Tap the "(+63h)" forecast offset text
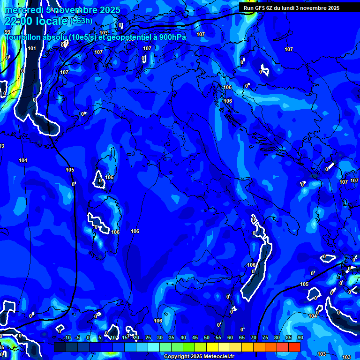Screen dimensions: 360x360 tap(82, 21)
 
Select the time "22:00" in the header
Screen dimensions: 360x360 tap(16, 21)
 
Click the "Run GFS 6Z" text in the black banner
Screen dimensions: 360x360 tap(257, 8)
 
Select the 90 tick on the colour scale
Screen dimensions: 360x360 tap(300, 338)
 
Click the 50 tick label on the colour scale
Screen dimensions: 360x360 tap(207, 338)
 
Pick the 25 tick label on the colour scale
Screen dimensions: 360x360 tap(148, 338)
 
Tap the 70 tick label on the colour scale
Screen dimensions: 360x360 tap(254, 338)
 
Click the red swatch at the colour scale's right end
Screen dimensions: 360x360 tap(294, 347)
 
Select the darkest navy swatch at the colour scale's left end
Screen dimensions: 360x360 tap(60, 347)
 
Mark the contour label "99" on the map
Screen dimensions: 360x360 tap(7, 32)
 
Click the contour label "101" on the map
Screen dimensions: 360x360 tap(31, 48)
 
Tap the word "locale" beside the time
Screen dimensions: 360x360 tap(51, 21)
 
